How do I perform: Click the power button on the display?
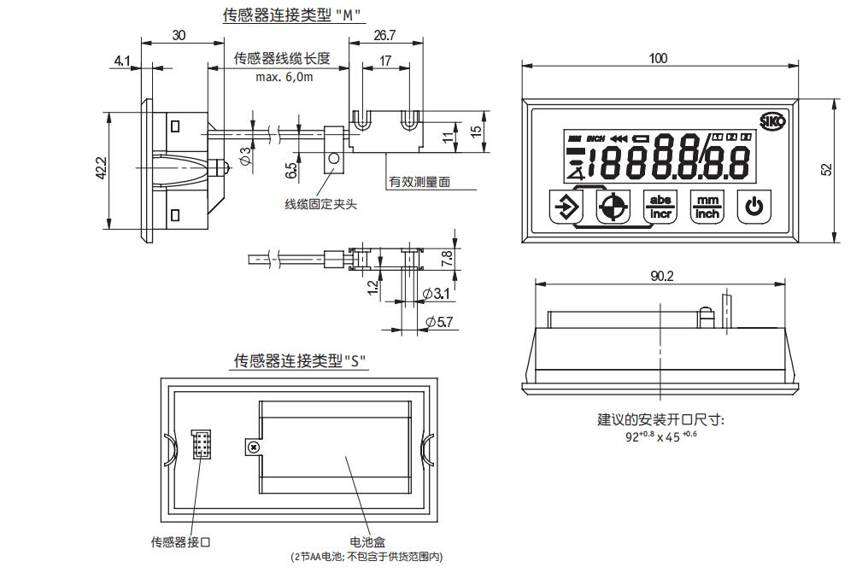754,207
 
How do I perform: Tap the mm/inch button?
707,207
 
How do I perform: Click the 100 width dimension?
658,58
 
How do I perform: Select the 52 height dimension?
826,170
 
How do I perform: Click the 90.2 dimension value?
661,276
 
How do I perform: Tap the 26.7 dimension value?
384,35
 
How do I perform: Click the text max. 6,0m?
284,77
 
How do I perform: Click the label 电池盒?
368,541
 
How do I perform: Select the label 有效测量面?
419,182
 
